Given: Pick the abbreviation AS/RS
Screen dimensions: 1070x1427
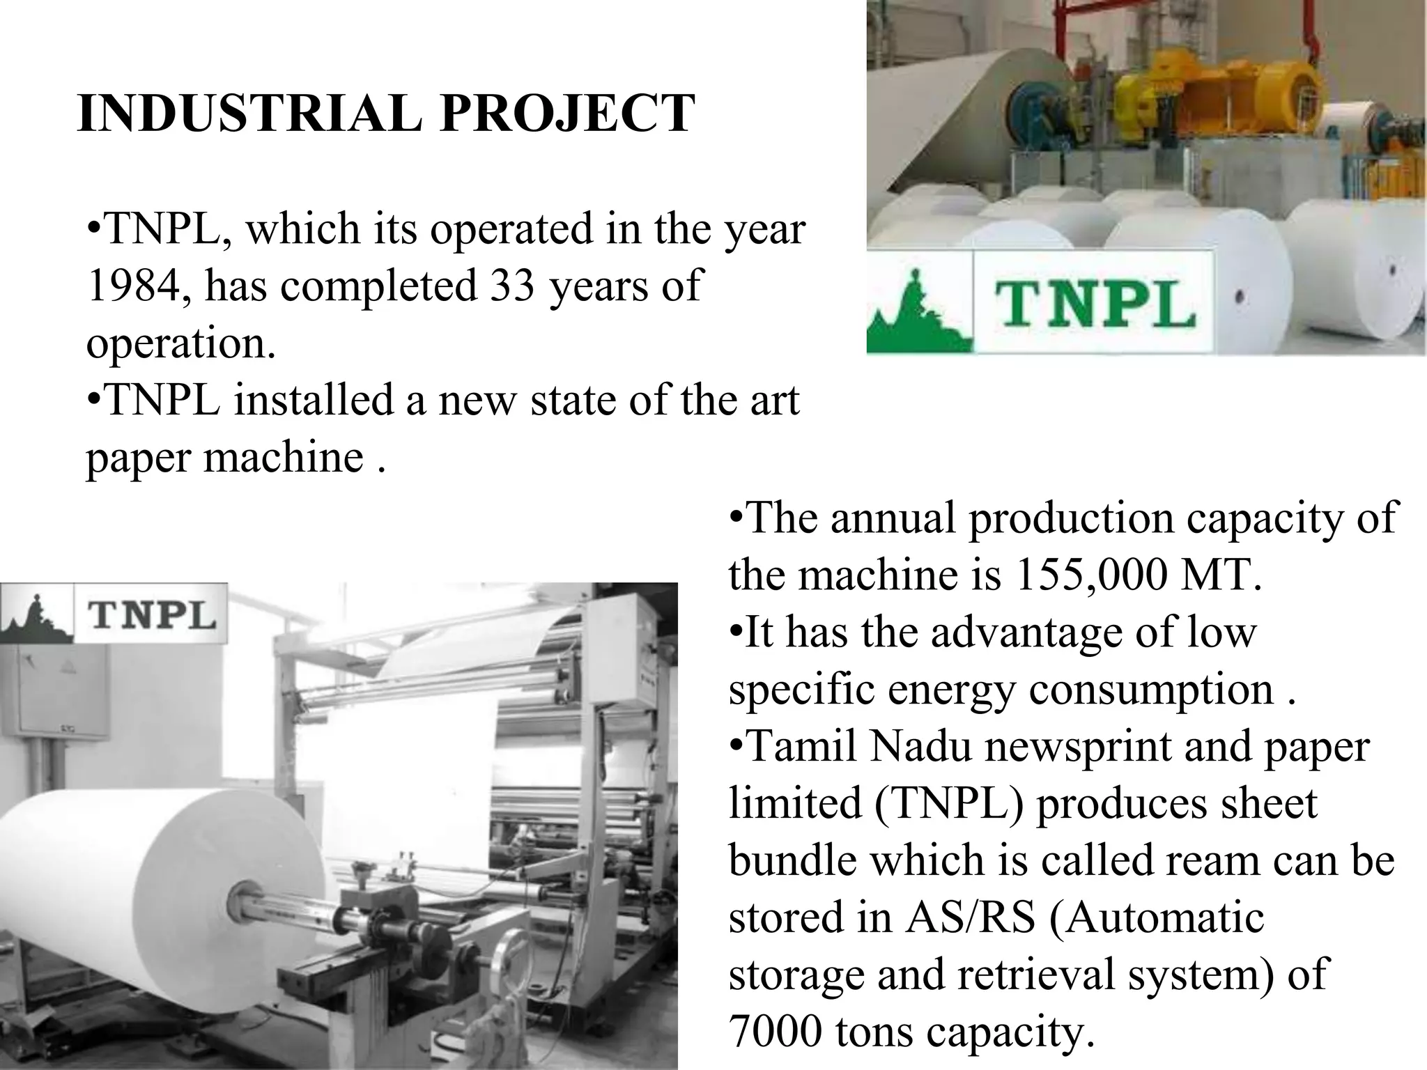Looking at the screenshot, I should tap(970, 917).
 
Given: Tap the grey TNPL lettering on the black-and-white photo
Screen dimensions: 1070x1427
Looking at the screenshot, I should tap(151, 617).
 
